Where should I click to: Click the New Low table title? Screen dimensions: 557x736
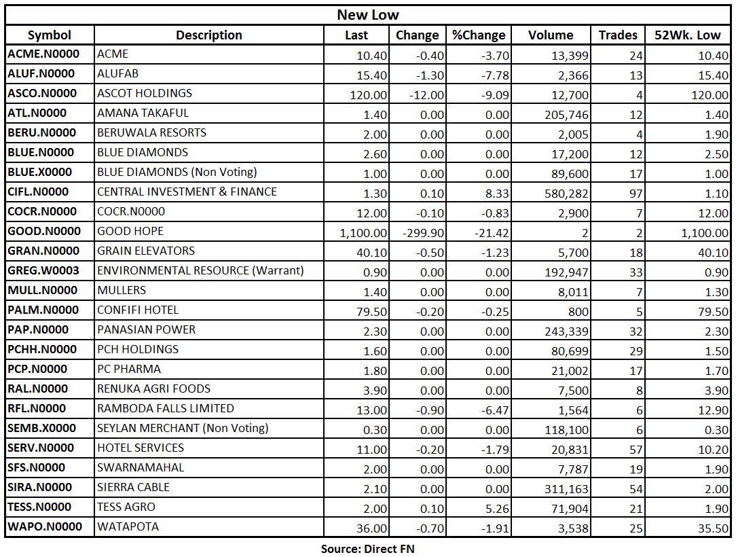(x=368, y=15)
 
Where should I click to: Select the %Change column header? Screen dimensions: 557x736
(x=478, y=35)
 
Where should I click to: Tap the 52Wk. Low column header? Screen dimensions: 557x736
(x=688, y=35)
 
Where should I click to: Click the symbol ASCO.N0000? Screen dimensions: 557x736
(x=42, y=93)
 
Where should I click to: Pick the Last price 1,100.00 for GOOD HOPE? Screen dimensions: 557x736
(x=364, y=233)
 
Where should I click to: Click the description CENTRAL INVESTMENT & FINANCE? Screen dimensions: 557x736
(x=187, y=192)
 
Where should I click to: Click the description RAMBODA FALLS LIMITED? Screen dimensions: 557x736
(x=166, y=408)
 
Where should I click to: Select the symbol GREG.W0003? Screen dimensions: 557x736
(x=43, y=270)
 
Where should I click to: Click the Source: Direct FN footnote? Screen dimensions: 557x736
(x=367, y=548)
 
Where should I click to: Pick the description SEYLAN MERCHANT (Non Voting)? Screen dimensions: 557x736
(x=183, y=428)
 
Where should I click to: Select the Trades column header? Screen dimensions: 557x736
(x=618, y=35)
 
